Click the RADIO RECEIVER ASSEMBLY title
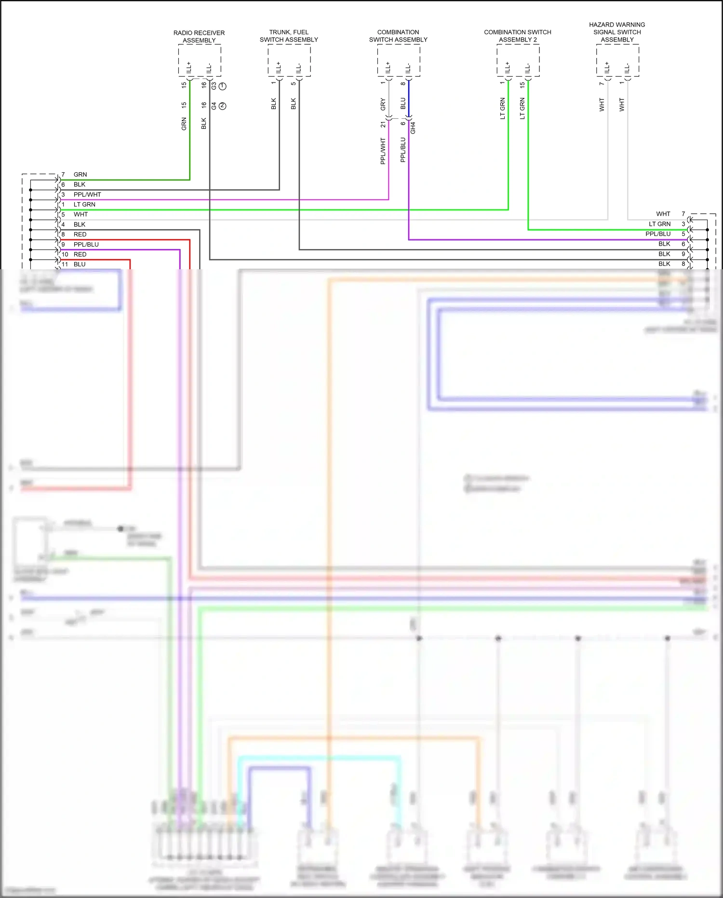click(x=199, y=37)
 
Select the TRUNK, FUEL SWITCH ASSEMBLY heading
click(x=289, y=36)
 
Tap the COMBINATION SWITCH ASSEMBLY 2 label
click(x=518, y=36)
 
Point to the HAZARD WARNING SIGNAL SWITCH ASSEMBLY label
click(x=617, y=32)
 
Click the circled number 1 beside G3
click(x=223, y=86)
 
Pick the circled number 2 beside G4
click(x=223, y=106)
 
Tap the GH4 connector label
click(x=413, y=128)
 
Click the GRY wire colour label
click(x=383, y=104)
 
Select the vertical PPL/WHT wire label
click(x=383, y=151)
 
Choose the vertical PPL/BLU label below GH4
click(x=403, y=150)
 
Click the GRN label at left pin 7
click(x=80, y=175)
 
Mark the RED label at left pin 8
click(x=80, y=235)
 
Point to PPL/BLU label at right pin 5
click(x=658, y=234)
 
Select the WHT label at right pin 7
click(x=663, y=214)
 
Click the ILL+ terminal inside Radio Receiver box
click(x=189, y=68)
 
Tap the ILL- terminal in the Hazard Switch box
click(x=627, y=68)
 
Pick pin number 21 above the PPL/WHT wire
click(x=383, y=124)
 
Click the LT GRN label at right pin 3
click(x=659, y=224)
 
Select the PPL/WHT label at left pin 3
click(x=87, y=194)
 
